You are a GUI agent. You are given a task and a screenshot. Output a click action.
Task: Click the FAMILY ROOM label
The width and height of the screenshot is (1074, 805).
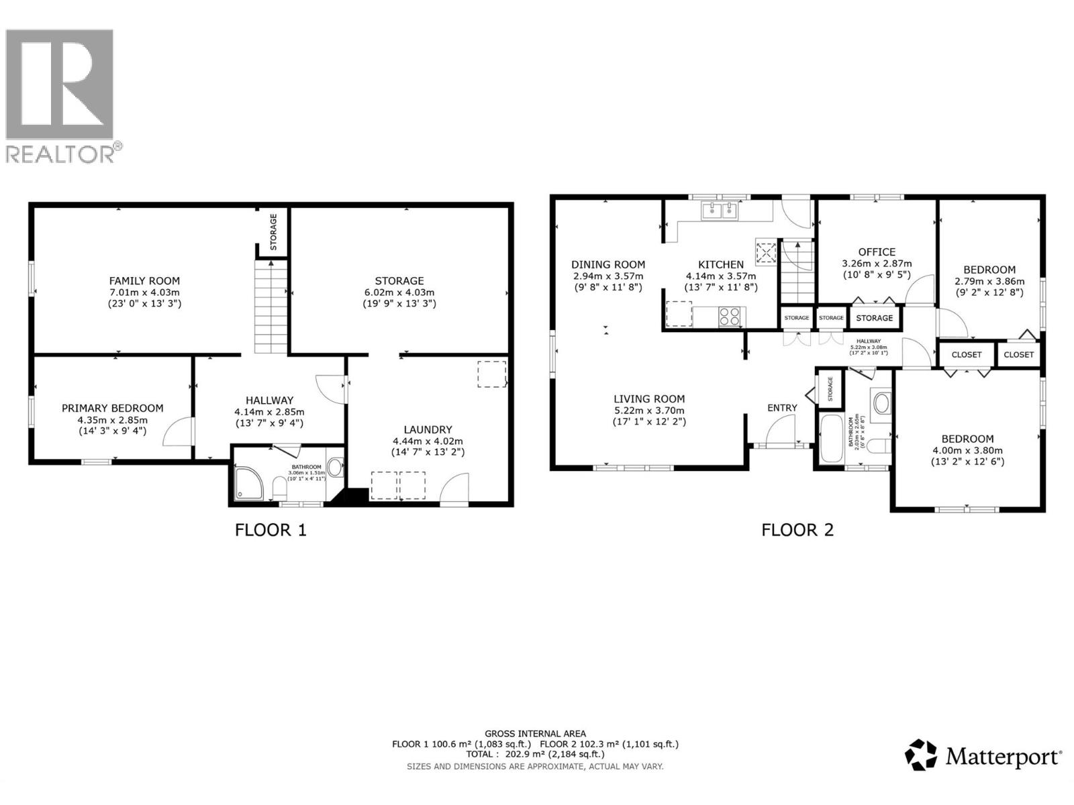144,281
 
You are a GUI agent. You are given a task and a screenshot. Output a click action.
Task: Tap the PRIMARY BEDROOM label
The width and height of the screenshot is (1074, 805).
112,408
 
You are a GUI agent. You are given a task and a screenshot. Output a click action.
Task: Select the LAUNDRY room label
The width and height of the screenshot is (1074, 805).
428,429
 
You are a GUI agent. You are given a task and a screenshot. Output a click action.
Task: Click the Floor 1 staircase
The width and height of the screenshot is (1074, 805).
271,307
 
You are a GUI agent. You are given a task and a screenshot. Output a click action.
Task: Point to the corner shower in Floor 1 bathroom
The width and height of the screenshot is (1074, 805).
249,484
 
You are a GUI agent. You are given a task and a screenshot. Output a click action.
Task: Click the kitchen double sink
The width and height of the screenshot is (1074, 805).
719,211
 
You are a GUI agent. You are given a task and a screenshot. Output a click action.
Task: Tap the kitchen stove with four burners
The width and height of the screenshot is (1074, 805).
730,315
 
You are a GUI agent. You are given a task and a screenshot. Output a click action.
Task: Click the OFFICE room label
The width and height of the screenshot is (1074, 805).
877,252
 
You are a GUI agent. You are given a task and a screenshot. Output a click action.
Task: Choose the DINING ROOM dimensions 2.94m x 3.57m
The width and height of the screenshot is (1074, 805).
607,276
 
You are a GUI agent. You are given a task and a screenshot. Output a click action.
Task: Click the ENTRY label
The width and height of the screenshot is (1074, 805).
782,408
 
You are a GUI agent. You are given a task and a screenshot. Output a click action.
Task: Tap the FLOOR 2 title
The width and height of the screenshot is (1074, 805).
797,530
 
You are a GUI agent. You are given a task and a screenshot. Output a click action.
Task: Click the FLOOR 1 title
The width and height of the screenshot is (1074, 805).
271,530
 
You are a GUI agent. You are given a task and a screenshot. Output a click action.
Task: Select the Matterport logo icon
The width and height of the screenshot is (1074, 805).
920,755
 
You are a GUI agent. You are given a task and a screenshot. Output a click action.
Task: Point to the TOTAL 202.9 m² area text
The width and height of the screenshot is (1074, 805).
534,754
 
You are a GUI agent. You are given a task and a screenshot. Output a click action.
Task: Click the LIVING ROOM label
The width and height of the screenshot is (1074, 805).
648,398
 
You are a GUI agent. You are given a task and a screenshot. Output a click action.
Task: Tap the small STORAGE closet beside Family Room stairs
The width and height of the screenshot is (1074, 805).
273,232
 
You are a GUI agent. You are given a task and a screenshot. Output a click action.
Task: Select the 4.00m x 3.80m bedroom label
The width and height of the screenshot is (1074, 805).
967,451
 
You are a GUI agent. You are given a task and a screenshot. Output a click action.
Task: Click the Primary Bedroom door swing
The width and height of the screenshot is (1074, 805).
178,431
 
